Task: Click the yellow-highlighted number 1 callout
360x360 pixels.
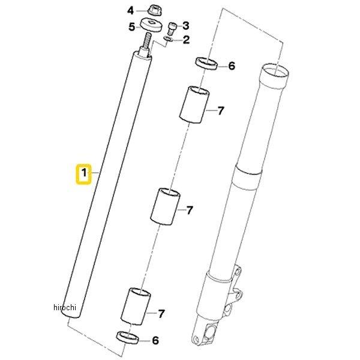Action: [84, 174]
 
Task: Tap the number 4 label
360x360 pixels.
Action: [130, 11]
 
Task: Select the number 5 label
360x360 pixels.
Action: [131, 27]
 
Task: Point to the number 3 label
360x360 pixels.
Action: [186, 26]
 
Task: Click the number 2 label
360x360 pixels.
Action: [186, 40]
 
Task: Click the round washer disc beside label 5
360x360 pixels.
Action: [151, 25]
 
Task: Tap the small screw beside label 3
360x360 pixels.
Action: [172, 28]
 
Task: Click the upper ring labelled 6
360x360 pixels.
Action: [206, 64]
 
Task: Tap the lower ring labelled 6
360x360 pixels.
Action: [128, 337]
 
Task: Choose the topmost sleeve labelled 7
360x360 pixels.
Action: [194, 104]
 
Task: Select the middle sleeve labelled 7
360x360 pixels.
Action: [166, 206]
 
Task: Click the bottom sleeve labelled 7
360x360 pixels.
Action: [136, 306]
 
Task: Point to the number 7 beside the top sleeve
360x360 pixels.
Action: [221, 111]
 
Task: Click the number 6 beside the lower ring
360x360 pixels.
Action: [155, 340]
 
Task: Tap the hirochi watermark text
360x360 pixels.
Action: [65, 307]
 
